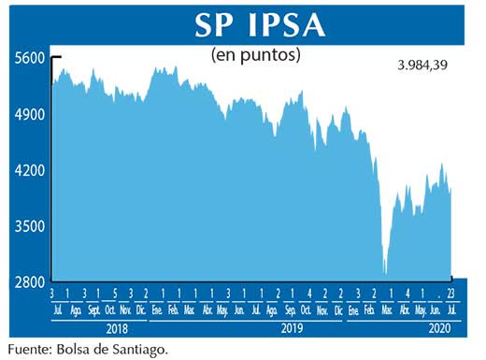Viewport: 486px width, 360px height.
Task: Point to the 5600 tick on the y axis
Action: (x=30, y=58)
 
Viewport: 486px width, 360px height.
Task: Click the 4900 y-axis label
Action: (x=30, y=114)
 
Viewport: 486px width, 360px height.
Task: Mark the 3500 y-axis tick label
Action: (x=30, y=226)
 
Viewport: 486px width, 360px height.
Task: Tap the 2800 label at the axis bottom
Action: (x=30, y=281)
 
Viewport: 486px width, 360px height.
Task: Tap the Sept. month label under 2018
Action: (x=93, y=310)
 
